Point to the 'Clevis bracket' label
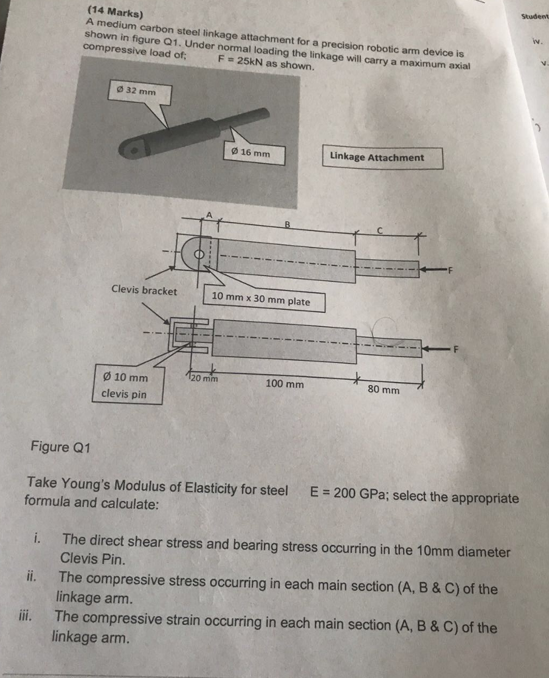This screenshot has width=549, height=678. pyautogui.click(x=144, y=291)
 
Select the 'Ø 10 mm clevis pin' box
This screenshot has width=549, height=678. pyautogui.click(x=126, y=385)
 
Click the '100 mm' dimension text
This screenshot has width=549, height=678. pyautogui.click(x=284, y=384)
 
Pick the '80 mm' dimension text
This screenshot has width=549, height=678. pyautogui.click(x=384, y=390)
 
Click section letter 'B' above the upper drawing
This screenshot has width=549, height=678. pyautogui.click(x=287, y=224)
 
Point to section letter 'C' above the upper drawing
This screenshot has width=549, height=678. pyautogui.click(x=380, y=231)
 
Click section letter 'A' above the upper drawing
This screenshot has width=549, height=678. pyautogui.click(x=210, y=214)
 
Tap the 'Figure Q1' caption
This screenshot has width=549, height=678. pyautogui.click(x=60, y=447)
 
